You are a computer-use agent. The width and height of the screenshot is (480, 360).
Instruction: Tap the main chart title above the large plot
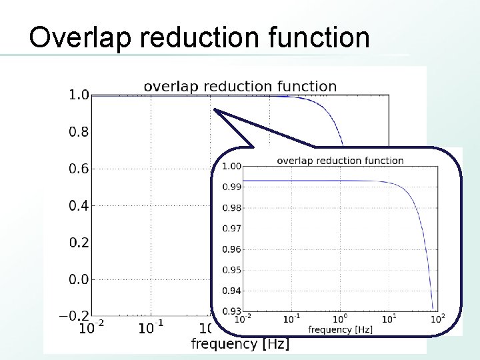pos(240,86)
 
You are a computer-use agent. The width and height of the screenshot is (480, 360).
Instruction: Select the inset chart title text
pos(340,160)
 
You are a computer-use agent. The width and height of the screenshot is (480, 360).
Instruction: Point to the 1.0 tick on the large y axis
pos(79,95)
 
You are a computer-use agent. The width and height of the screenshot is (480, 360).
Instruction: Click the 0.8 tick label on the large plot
pos(79,132)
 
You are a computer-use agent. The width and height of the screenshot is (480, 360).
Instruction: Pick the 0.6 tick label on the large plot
pos(79,169)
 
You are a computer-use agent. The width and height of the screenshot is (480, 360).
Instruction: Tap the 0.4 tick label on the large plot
pos(79,205)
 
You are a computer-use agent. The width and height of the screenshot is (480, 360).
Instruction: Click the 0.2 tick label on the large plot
pos(79,242)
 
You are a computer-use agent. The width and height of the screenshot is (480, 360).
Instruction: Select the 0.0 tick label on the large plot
pos(79,279)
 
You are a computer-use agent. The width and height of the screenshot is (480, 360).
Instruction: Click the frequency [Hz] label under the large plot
pos(240,344)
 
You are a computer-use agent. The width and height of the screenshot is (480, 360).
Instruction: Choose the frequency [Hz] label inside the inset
pos(340,329)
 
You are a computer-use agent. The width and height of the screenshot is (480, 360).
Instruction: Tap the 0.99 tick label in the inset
pos(231,187)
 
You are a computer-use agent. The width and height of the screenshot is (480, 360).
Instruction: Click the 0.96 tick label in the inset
pos(231,249)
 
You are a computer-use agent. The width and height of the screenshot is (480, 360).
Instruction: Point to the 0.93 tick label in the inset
pos(231,311)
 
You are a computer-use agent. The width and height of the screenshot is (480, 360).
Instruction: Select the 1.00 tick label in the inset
pos(231,166)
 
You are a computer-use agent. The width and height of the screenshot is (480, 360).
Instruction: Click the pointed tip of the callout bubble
pos(215,109)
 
